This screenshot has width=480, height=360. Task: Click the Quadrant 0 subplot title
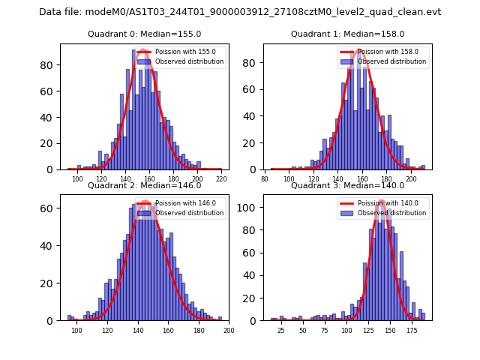pos(144,34)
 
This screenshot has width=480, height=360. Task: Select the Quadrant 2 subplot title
pos(144,185)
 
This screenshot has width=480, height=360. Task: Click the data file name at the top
pos(240,12)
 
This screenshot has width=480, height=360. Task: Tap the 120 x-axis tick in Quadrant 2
pos(107,330)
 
